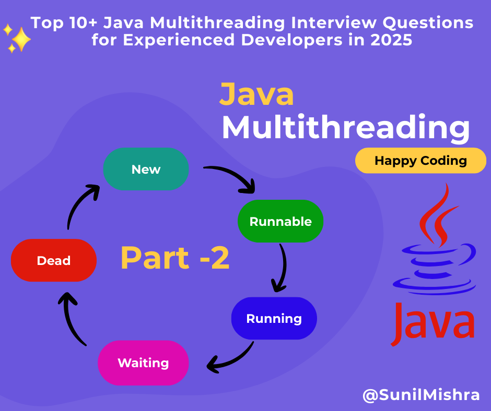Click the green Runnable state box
280,221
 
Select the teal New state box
146,169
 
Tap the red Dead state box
54,260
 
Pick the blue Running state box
274,318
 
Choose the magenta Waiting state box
143,363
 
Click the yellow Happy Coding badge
420,161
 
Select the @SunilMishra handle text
421,395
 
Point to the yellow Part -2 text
175,258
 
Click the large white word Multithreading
345,127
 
